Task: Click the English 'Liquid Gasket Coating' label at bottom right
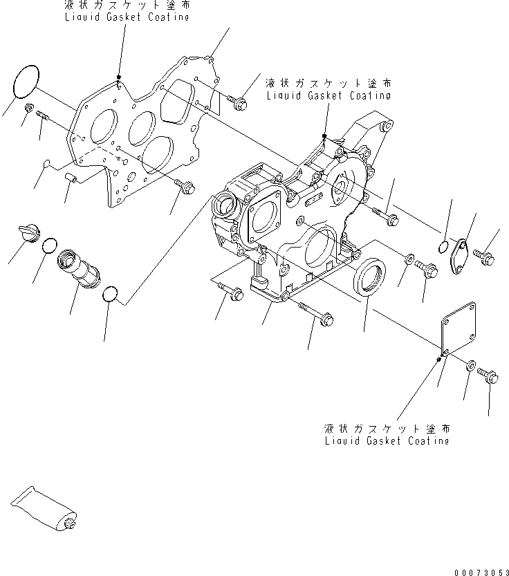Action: click(386, 440)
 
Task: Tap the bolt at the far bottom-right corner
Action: click(489, 376)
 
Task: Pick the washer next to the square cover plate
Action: click(470, 366)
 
